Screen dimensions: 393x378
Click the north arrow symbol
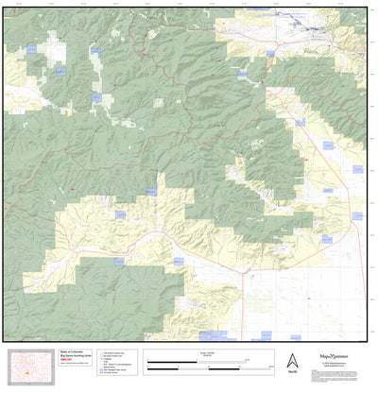pos(291,360)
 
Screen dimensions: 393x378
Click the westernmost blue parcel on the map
pos(30,48)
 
